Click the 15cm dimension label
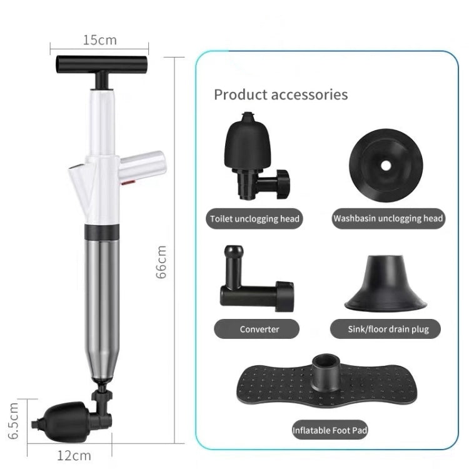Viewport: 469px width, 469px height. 100,41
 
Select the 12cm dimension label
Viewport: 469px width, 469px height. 74,455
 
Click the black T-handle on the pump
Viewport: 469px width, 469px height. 102,63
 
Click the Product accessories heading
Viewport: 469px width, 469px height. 281,95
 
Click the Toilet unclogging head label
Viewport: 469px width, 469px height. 255,219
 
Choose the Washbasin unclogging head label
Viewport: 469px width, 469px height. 388,219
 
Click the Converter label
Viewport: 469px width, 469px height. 260,328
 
